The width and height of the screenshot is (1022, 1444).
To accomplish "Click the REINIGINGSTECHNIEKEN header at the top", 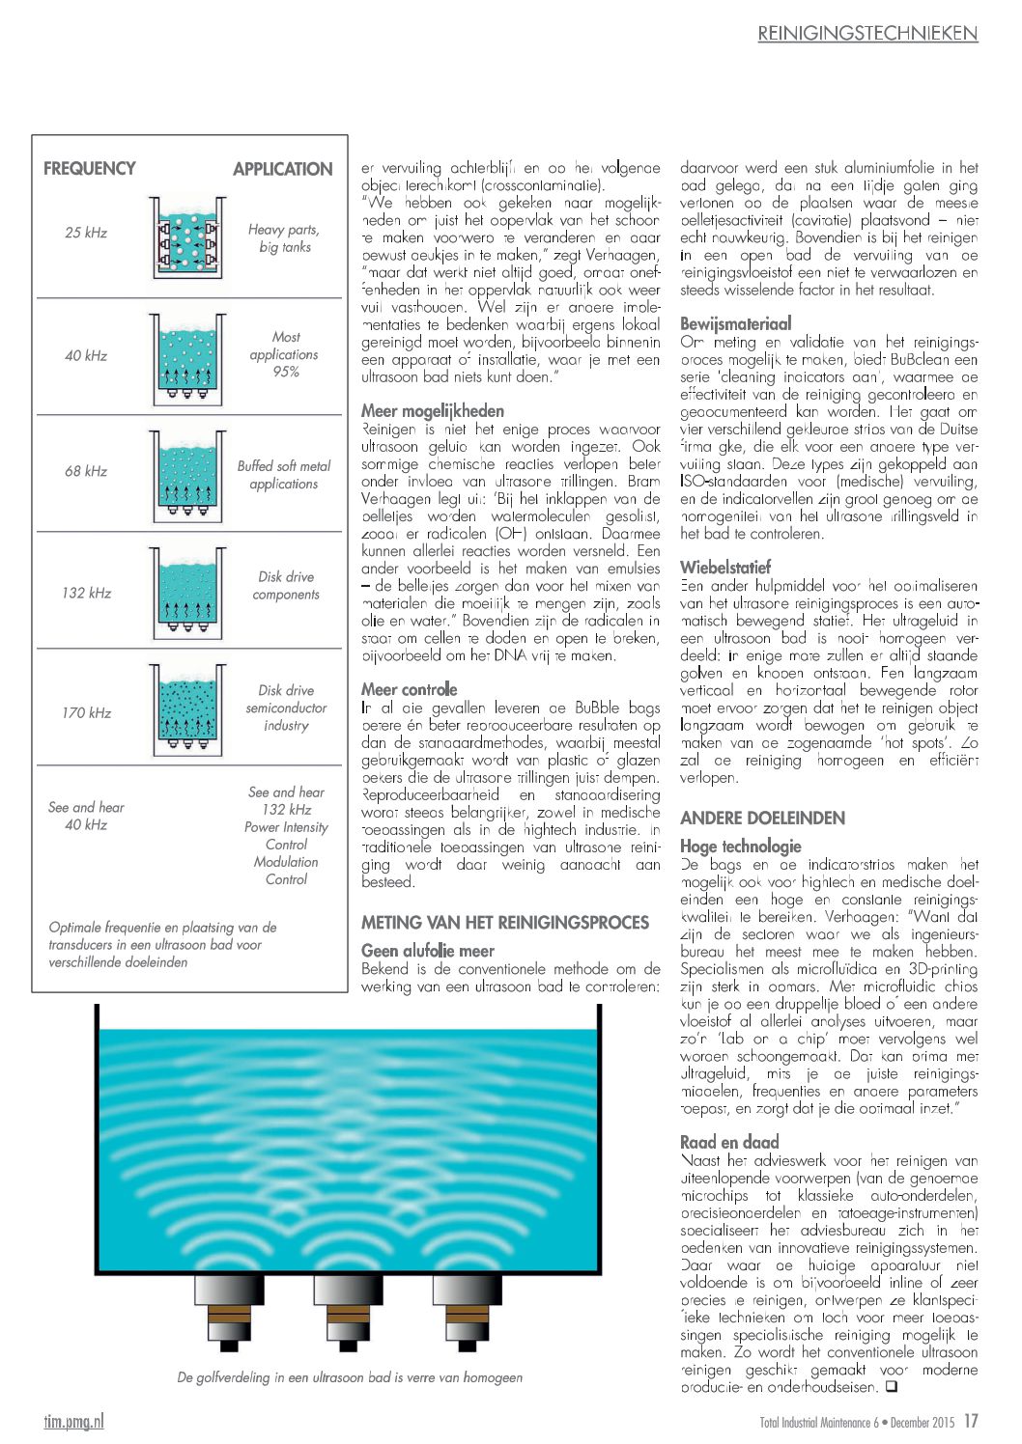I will pos(867,34).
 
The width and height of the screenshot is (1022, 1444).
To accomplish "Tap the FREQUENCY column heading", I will pos(90,169).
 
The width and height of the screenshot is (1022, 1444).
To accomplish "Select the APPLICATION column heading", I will pos(282,169).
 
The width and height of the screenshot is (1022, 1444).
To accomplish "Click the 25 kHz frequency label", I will pos(86,233).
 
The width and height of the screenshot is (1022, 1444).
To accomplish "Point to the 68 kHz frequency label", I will pos(86,471).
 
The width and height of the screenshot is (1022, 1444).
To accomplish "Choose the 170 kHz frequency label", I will pos(86,712).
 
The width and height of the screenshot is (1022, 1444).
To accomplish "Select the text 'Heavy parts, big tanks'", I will pos(284,238).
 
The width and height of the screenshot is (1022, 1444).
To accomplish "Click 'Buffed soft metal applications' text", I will pos(284,475).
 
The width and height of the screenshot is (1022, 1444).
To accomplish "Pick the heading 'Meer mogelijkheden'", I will pos(433,411).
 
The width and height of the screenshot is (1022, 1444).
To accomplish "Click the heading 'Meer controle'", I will pos(410,689).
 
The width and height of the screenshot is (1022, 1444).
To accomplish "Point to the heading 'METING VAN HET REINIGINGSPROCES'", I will pos(505,923).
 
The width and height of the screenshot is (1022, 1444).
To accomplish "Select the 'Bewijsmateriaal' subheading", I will pos(736,323).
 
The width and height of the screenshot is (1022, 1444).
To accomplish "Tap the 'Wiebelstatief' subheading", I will pos(725,567).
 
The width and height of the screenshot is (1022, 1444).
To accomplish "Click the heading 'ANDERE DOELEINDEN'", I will pos(762,819).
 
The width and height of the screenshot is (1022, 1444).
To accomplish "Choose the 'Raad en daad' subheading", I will pos(729,1142).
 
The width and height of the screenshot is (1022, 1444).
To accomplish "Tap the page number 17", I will pos(971,1421).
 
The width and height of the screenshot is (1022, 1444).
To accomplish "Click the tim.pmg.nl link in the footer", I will pos(74,1421).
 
